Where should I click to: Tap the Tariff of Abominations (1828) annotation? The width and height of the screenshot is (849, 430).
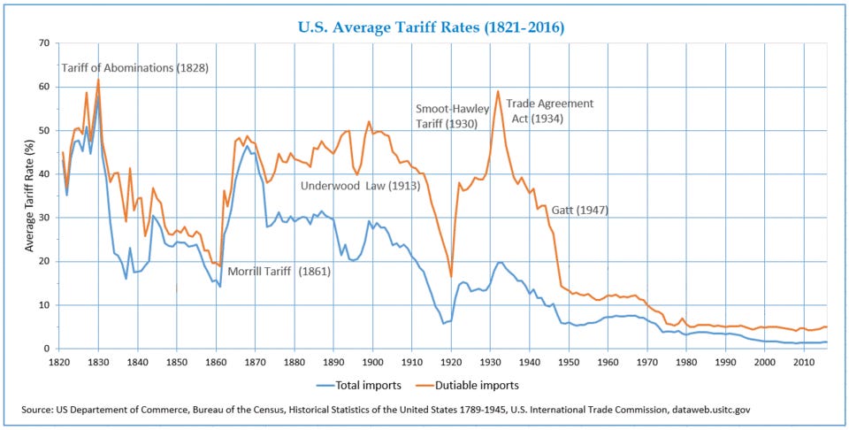(x=134, y=68)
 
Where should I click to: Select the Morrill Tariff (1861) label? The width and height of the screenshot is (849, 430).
(x=279, y=271)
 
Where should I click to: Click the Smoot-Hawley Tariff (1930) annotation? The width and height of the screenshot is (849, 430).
(x=452, y=116)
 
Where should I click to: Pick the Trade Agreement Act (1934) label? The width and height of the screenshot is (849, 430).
(x=549, y=111)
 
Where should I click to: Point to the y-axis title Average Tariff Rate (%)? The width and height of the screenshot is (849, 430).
(x=30, y=196)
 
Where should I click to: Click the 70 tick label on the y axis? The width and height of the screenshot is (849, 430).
(x=42, y=43)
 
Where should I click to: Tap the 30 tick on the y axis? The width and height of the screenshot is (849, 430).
(x=42, y=218)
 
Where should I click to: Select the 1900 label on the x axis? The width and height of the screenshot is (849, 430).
(x=373, y=362)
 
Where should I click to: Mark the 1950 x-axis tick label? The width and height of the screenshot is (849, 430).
(x=570, y=362)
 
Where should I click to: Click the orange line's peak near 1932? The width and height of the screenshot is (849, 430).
(x=498, y=91)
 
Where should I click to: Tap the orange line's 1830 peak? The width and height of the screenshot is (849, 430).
(x=98, y=80)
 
